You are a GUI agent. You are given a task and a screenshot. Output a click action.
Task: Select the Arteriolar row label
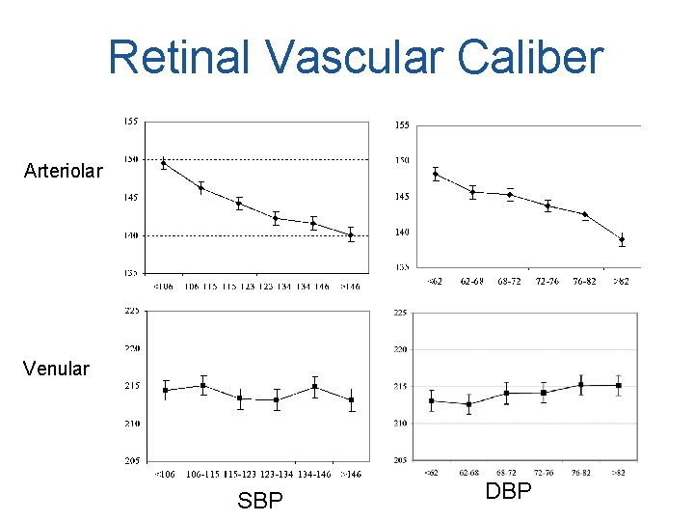click(x=64, y=172)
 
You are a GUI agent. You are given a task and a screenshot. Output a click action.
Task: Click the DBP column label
click(x=508, y=491)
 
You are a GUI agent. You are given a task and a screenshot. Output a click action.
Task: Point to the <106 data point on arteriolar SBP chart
click(x=164, y=163)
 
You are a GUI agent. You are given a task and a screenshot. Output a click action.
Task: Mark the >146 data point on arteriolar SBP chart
click(x=351, y=234)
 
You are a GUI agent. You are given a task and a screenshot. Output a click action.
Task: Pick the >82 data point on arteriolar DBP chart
click(x=622, y=239)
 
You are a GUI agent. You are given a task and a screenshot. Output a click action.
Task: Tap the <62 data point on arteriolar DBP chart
click(x=436, y=175)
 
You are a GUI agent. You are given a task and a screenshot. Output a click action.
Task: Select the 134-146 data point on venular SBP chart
click(x=314, y=387)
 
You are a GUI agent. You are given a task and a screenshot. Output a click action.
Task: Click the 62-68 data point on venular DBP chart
click(x=468, y=404)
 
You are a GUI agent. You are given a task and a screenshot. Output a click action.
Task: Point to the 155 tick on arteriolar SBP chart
click(x=130, y=122)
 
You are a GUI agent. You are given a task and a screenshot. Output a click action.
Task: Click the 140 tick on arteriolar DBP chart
click(x=402, y=233)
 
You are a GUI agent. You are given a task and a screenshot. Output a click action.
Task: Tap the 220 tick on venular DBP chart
click(x=401, y=349)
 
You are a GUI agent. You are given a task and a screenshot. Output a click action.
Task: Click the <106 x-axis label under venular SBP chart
click(x=165, y=474)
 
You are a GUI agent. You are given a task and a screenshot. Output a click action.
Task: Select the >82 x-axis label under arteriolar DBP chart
click(x=622, y=282)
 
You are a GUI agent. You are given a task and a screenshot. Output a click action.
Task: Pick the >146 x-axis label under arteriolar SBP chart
click(x=350, y=287)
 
